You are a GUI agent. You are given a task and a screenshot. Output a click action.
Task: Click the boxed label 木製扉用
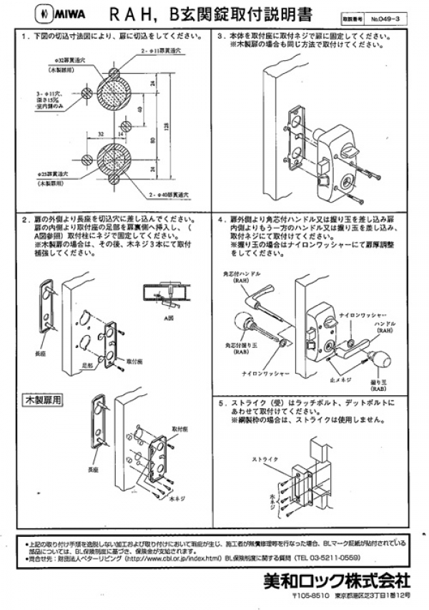tap(43, 396)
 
